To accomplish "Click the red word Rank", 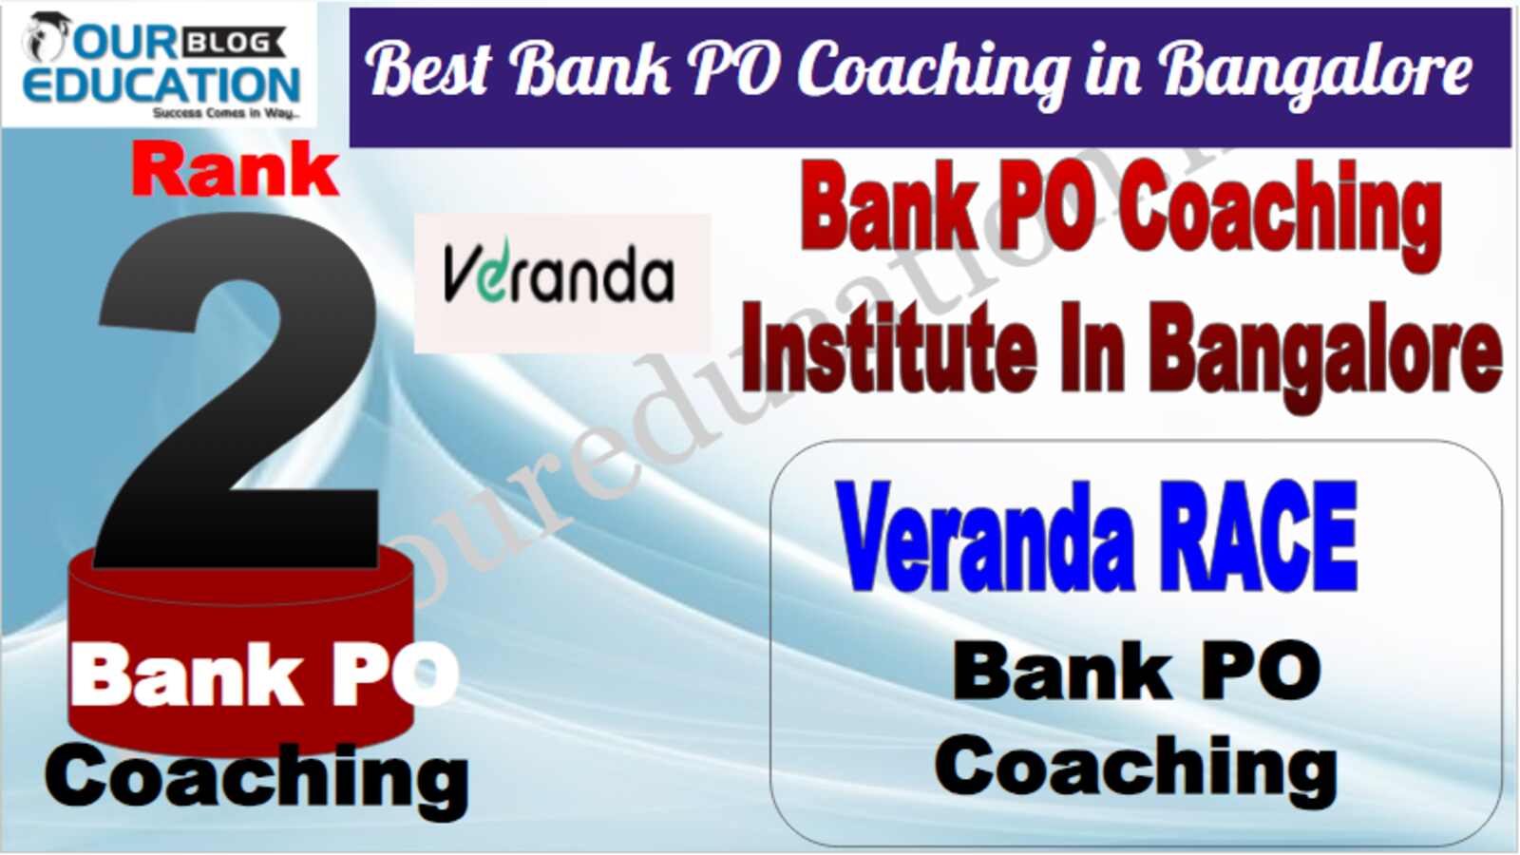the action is coord(236,170).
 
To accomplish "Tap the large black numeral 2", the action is coord(237,390).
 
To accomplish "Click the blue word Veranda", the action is coord(987,536).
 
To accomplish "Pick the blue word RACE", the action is coord(1260,536).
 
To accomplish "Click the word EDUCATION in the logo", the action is coord(162,85).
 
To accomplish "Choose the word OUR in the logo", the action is coord(126,44).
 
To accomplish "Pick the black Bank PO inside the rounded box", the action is coord(1136,672).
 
